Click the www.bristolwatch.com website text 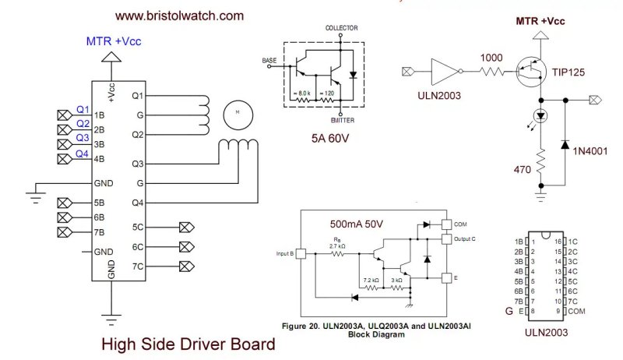[179, 15]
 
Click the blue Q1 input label [83, 109]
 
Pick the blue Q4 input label [83, 154]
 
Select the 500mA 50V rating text [355, 224]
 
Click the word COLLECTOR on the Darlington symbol [342, 27]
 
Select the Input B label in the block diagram [284, 253]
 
